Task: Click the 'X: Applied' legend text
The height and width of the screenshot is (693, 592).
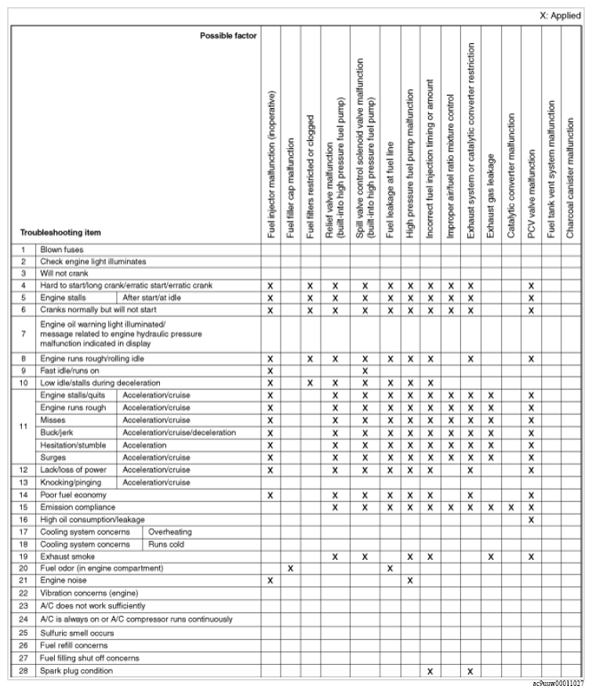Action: [x=560, y=16]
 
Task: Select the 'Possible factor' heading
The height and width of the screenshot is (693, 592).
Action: [x=228, y=36]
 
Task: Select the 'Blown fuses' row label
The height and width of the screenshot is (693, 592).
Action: [x=62, y=249]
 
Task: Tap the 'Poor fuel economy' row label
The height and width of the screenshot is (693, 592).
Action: [x=74, y=495]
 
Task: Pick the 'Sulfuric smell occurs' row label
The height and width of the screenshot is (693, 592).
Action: [x=78, y=631]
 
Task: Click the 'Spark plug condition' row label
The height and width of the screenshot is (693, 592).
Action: [x=78, y=671]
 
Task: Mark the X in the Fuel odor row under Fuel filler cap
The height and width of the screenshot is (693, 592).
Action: [x=290, y=568]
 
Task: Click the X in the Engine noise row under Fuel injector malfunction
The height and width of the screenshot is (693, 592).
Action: [x=270, y=580]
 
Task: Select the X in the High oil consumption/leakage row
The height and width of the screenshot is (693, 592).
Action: [x=531, y=519]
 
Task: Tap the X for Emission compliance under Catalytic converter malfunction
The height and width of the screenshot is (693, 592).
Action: [x=510, y=507]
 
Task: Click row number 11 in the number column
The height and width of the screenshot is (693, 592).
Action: [x=24, y=427]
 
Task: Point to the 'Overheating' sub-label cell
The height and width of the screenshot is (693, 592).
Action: [x=169, y=532]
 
